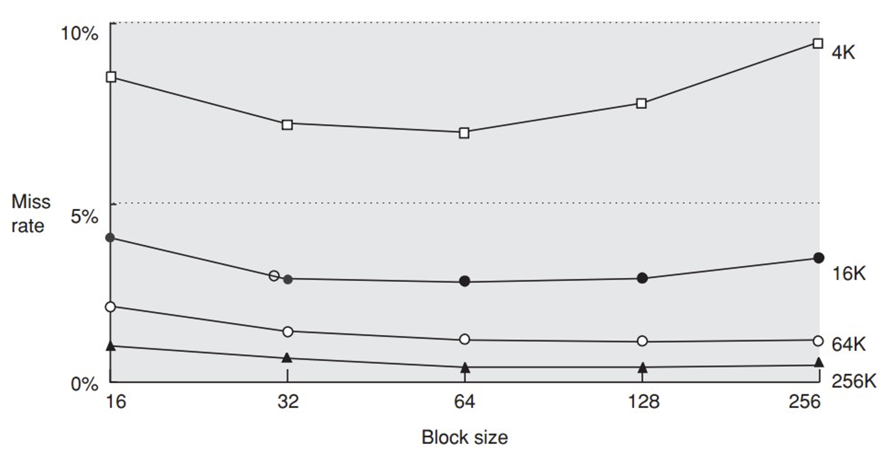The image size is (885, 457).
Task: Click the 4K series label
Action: pos(843,53)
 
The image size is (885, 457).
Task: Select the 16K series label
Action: pos(848,273)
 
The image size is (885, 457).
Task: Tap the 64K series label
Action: pos(848,344)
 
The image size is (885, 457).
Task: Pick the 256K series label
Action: pos(854,381)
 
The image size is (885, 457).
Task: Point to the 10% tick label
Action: pos(79,34)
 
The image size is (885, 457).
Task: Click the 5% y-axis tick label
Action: pos(84,216)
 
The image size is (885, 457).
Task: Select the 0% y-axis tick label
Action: pos(84,385)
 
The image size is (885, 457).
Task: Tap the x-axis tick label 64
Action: pos(464,401)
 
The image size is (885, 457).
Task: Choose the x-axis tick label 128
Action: pos(643,401)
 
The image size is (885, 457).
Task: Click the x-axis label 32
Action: pos(288,401)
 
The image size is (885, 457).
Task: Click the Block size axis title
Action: pos(464,437)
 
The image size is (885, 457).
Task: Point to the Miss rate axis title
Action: pos(30,213)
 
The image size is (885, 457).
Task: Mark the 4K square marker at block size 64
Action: pos(464,133)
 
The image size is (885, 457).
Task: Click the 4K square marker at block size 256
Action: pos(818,44)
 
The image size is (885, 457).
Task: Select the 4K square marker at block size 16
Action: pos(111,77)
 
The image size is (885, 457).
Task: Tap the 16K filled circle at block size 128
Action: pos(642,278)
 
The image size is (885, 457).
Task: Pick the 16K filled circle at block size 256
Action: pos(819,258)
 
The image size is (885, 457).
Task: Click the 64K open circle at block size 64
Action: pos(464,339)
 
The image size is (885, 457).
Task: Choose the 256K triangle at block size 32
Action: pos(287,358)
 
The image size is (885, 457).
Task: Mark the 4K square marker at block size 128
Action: pos(641,103)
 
